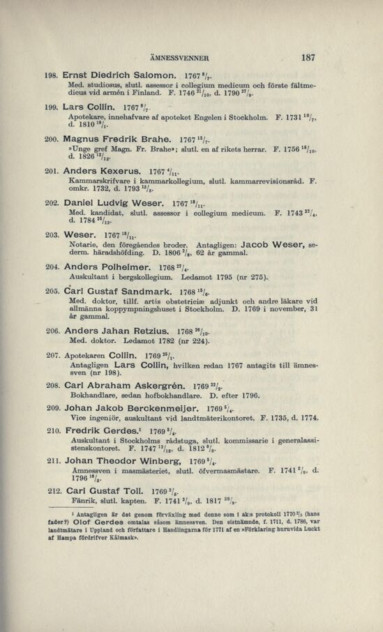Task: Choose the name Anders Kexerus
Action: pyautogui.click(x=100, y=170)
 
